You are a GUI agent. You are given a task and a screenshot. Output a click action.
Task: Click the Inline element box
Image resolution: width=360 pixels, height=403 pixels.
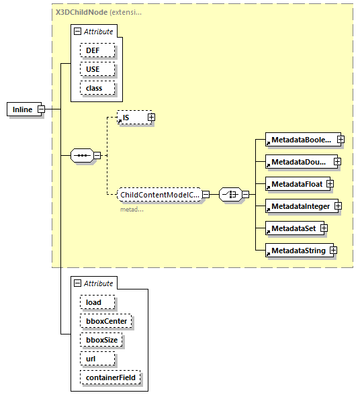pos(22,109)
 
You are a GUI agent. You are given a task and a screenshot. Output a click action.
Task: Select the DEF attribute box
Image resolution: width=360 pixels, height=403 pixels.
pos(97,50)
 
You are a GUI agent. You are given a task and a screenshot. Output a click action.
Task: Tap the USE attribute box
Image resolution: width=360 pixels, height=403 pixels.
pos(97,69)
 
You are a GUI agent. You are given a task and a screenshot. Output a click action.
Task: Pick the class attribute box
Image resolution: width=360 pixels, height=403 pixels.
pos(97,88)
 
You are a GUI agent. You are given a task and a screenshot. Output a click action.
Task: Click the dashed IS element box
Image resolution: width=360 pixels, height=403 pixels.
pos(131,118)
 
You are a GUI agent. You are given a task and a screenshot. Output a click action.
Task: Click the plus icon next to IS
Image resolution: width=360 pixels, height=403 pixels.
pos(151,118)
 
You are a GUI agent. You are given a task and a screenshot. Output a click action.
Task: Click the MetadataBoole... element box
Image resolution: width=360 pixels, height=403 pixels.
pos(300,140)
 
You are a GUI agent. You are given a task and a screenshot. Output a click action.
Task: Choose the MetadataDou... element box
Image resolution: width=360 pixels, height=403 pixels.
pos(299,162)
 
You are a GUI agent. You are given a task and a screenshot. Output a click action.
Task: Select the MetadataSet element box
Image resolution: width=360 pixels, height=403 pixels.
pos(292,228)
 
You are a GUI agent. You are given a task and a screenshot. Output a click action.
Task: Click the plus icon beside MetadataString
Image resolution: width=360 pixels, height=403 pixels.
pos(332,251)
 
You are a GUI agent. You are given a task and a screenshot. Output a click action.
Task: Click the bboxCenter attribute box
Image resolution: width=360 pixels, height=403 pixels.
pos(105,321)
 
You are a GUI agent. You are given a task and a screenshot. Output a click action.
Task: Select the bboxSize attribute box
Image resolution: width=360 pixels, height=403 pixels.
pos(101,340)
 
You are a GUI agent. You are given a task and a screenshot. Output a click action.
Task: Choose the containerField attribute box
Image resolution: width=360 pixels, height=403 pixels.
pos(109,377)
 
